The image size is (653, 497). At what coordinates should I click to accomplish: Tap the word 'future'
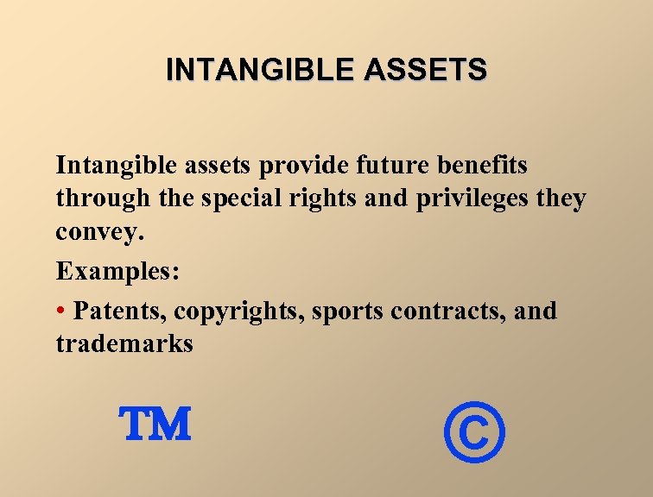tap(381, 165)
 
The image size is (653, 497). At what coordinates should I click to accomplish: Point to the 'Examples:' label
tap(118, 273)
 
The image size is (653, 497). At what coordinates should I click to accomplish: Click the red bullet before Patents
tap(61, 310)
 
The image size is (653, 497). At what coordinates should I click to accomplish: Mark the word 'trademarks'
tap(124, 344)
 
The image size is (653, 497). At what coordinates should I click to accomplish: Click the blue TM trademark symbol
tap(155, 425)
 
